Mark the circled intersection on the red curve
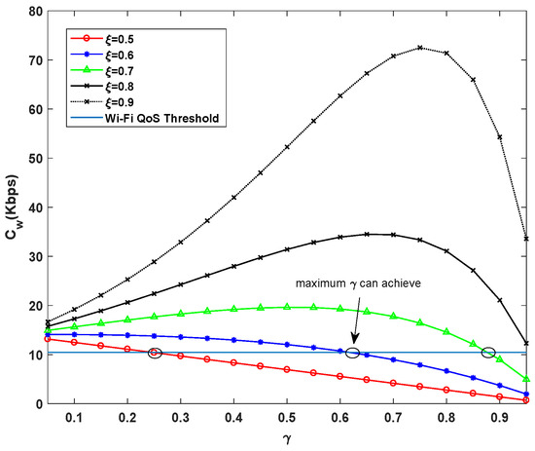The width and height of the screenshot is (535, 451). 154,353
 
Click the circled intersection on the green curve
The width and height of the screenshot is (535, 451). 488,352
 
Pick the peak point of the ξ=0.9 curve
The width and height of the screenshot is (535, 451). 419,48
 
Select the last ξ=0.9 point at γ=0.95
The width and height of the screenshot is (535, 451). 526,239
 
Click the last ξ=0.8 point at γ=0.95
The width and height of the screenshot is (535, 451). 526,343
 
